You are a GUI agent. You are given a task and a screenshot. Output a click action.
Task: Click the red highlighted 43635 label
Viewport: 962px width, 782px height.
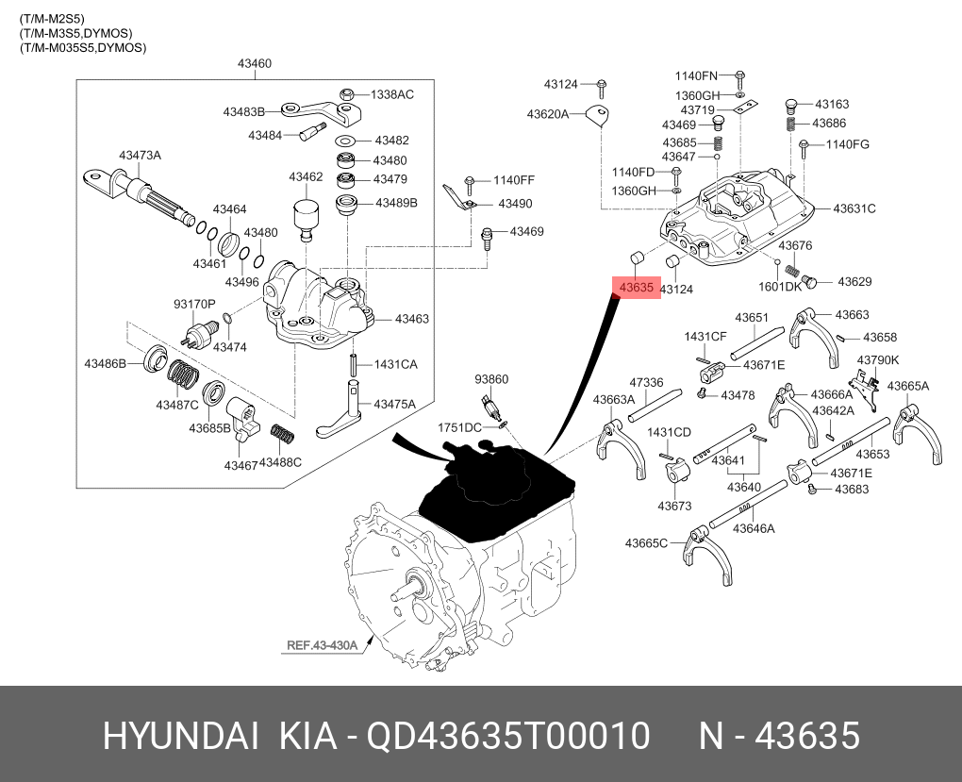[637, 288]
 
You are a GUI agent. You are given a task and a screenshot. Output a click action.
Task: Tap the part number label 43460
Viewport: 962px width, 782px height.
[255, 63]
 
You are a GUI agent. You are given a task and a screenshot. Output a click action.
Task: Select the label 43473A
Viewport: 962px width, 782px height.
[140, 156]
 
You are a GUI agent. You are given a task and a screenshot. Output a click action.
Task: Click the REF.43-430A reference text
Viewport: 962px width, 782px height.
[322, 645]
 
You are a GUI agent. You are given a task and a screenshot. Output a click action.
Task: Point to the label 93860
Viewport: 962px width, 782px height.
[491, 379]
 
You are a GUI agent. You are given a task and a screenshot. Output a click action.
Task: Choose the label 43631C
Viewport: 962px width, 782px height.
[854, 208]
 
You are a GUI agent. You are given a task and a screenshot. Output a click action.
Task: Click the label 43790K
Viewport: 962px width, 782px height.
[878, 360]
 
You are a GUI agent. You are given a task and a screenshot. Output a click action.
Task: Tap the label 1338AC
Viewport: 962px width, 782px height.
[392, 94]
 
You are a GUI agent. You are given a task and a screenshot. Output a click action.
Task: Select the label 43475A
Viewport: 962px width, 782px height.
[394, 404]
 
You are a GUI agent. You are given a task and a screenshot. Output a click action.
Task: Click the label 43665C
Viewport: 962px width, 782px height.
[646, 543]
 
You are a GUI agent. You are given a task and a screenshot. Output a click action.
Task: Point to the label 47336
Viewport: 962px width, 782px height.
[647, 382]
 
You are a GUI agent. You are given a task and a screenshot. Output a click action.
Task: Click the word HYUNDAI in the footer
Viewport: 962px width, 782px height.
[180, 736]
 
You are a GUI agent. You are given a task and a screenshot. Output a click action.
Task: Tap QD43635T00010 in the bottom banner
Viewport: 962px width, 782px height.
[508, 736]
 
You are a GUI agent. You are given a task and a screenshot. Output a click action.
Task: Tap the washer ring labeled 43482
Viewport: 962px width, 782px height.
[347, 141]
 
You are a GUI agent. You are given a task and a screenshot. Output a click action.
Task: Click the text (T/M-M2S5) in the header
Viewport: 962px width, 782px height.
[52, 19]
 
